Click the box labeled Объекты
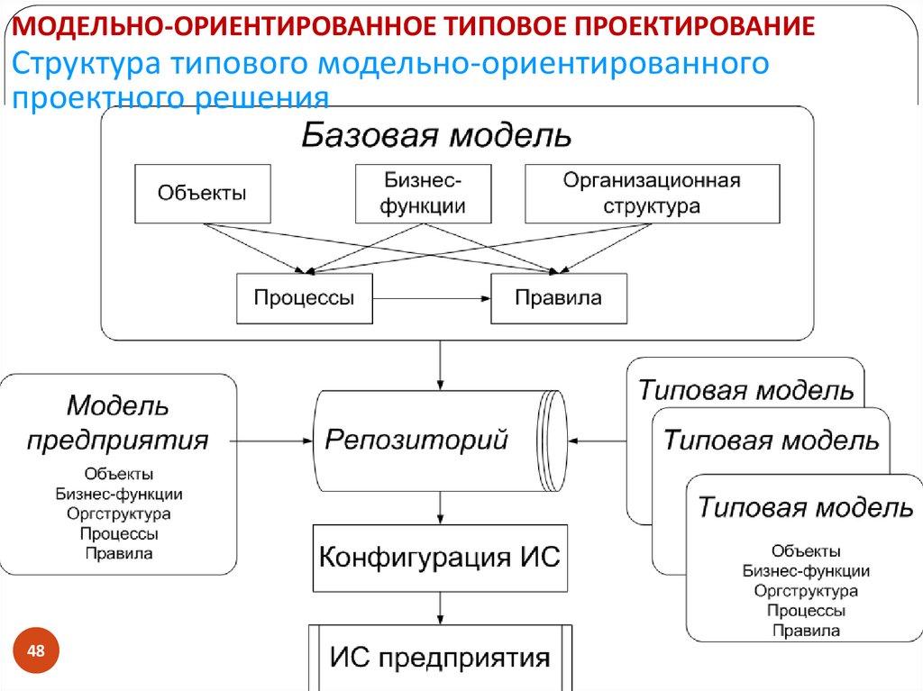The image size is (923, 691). click(202, 193)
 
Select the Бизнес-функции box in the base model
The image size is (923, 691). click(423, 193)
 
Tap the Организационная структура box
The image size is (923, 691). click(652, 193)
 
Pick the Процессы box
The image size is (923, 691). click(304, 298)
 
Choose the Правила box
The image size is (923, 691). click(558, 298)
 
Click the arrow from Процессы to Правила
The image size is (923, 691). click(431, 298)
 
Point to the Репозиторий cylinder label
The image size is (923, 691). click(416, 441)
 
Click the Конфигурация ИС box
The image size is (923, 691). click(440, 558)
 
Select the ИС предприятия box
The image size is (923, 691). click(440, 657)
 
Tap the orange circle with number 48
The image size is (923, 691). click(37, 651)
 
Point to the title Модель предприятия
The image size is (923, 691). click(118, 423)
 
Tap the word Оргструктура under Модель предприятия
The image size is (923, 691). click(118, 514)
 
